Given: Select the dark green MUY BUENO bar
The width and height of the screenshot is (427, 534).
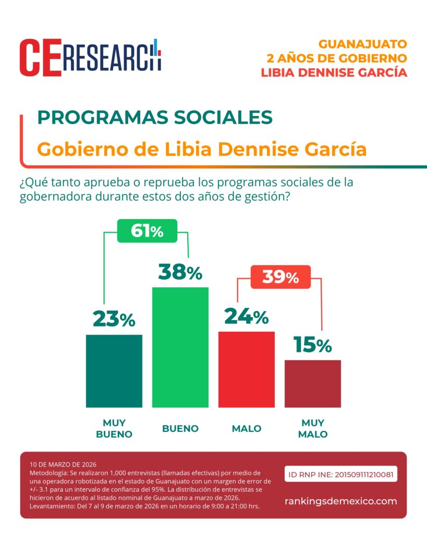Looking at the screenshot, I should [114, 371].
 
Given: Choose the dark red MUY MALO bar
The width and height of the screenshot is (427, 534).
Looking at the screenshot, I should [312, 383].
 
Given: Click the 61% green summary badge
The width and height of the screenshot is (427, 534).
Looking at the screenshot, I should [147, 230].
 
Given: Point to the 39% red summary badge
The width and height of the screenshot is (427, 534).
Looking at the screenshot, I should [280, 277].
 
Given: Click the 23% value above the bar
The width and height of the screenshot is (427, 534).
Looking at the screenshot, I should [114, 319].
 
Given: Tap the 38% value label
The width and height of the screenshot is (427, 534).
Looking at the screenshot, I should [180, 272].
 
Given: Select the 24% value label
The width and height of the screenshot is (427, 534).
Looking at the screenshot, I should [246, 316].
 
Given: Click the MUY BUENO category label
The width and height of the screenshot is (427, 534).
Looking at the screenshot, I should [114, 428].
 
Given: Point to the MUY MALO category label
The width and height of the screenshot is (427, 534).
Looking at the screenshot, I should [312, 428].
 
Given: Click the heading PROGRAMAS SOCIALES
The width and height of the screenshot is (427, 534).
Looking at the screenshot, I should [155, 117].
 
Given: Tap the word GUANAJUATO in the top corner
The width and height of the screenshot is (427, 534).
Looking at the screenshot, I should [362, 44].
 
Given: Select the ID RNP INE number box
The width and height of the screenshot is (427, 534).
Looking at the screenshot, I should [341, 475].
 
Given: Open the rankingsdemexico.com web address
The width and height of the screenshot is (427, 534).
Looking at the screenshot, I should [341, 501].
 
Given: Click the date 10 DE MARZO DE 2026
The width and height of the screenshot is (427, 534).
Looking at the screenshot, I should [64, 464].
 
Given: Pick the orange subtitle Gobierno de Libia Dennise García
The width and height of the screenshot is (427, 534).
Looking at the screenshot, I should [202, 149].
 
